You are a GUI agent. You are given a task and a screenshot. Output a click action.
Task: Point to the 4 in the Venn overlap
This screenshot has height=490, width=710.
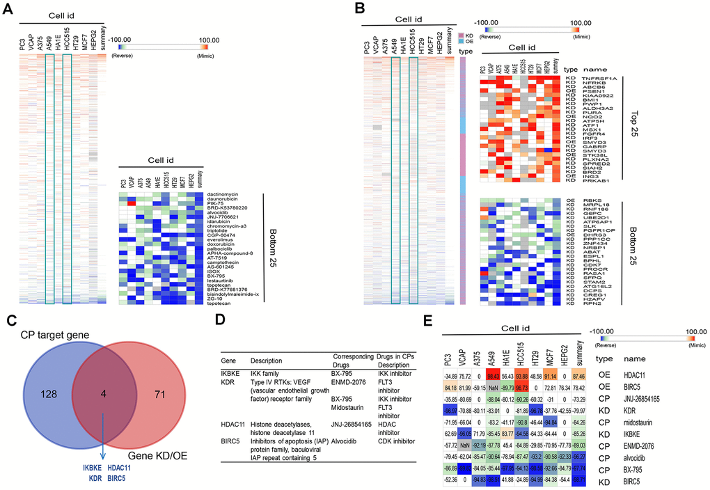coord(104,411)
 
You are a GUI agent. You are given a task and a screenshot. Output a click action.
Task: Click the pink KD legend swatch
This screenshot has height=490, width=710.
coord(460,33)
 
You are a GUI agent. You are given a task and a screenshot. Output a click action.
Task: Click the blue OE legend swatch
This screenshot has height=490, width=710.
coord(460,41)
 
